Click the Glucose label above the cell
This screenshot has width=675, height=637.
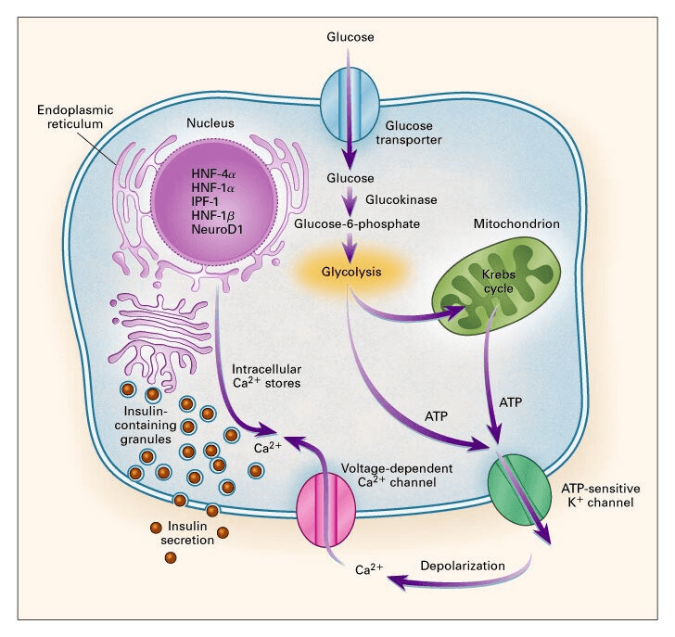pyautogui.click(x=350, y=37)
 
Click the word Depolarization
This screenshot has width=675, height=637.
pyautogui.click(x=461, y=565)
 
